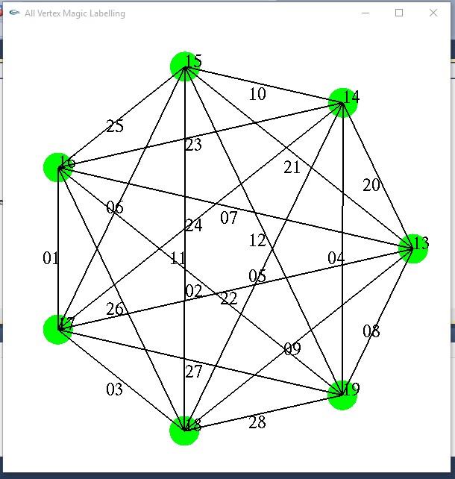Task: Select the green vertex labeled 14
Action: [x=343, y=102]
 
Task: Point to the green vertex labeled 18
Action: [x=184, y=431]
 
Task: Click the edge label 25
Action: [x=115, y=126]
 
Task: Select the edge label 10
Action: [x=257, y=94]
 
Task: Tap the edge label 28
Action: [x=257, y=423]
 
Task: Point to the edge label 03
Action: [x=114, y=389]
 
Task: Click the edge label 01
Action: [x=51, y=259]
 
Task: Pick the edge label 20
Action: [x=371, y=186]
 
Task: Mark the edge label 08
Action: [x=371, y=332]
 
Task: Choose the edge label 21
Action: [x=292, y=168]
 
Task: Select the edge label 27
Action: [x=193, y=372]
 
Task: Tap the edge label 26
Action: [x=115, y=309]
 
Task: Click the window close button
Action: [x=433, y=13]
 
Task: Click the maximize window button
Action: [x=399, y=13]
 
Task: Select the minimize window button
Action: [x=365, y=13]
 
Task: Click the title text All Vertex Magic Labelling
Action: [x=75, y=13]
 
